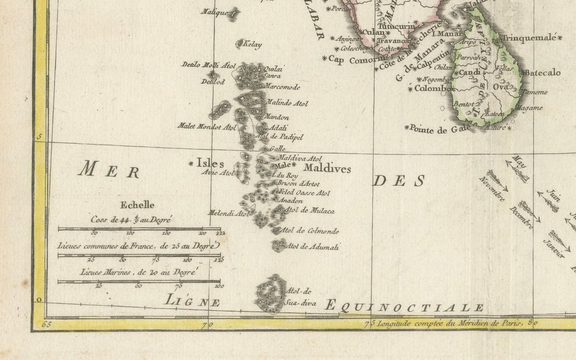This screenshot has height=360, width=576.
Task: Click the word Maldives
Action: pyautogui.click(x=327, y=169)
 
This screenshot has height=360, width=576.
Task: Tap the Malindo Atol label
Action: pyautogui.click(x=287, y=104)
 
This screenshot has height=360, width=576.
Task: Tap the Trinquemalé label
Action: pyautogui.click(x=529, y=38)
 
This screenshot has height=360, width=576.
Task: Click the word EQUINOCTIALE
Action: pyautogui.click(x=404, y=306)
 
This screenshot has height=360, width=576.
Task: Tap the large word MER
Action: pyautogui.click(x=109, y=170)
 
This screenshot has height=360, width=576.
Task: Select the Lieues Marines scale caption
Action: pyautogui.click(x=138, y=270)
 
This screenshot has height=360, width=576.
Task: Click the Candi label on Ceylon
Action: pyautogui.click(x=469, y=73)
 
